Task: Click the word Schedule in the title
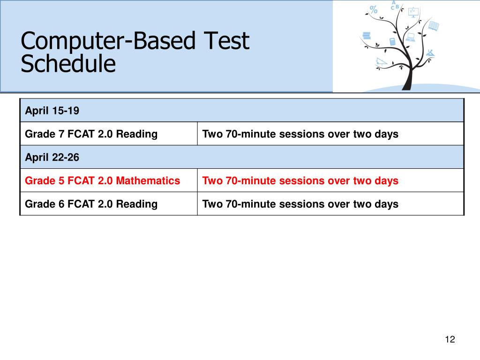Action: (68, 64)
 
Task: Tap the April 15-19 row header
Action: (52, 111)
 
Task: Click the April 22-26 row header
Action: (52, 157)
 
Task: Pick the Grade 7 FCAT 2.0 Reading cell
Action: (91, 134)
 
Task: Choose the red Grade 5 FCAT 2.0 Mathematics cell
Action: (102, 181)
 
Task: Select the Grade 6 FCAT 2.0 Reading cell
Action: (91, 204)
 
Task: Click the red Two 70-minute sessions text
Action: (300, 181)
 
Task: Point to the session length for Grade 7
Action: (300, 134)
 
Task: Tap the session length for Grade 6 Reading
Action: (300, 204)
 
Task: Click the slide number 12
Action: (450, 340)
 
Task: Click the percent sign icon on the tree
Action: (374, 9)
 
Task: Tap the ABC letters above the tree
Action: (395, 5)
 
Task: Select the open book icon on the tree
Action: (434, 26)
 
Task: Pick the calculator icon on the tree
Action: (392, 41)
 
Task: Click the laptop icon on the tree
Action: (411, 37)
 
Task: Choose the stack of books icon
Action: (367, 35)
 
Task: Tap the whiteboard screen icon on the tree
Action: (413, 12)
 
